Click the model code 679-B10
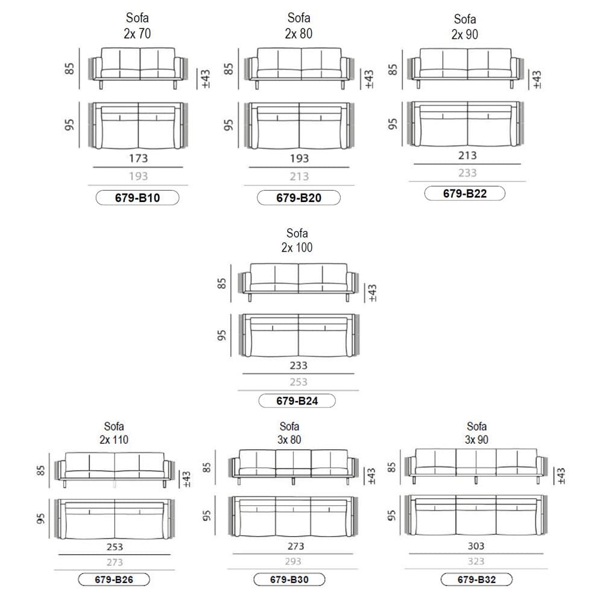(x=137, y=198)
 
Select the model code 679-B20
(x=299, y=198)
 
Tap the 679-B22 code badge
(x=464, y=193)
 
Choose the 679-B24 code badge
(x=297, y=401)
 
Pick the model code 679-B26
(x=114, y=579)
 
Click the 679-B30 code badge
(x=289, y=579)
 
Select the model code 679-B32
(x=476, y=579)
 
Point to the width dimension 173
(x=139, y=159)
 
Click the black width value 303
(x=476, y=546)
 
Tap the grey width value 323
(x=476, y=561)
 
